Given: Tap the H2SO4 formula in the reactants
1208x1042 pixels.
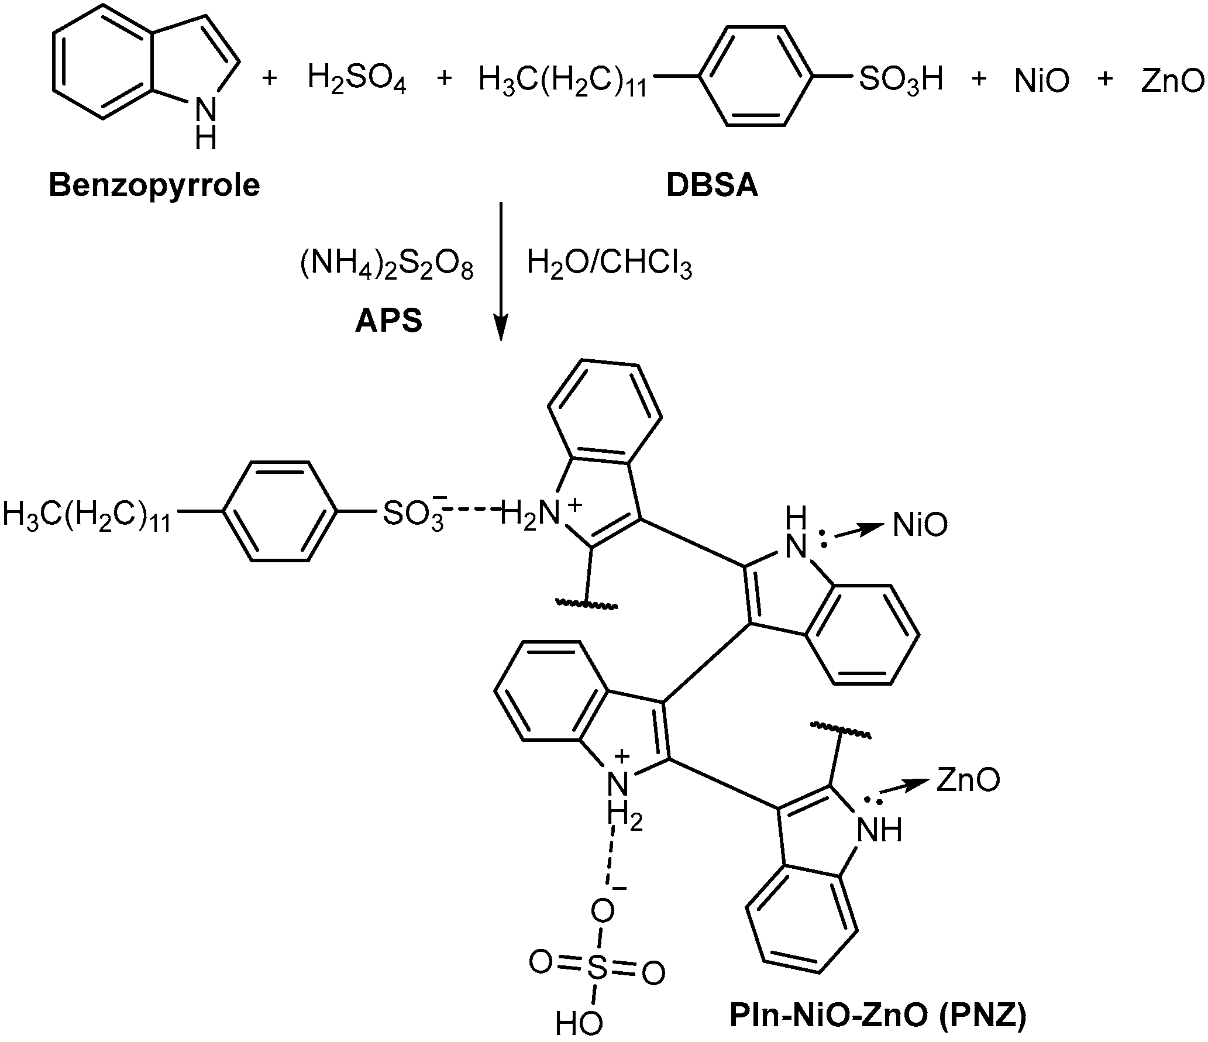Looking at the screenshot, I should [357, 80].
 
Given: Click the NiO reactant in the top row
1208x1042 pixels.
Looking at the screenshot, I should [1041, 81].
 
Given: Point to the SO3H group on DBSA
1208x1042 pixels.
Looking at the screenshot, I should [901, 78].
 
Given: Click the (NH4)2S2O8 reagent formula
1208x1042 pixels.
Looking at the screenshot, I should [387, 266].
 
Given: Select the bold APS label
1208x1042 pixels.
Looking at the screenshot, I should [388, 321].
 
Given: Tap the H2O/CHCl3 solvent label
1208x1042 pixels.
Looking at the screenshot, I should [609, 265].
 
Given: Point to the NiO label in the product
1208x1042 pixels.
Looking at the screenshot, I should [920, 525].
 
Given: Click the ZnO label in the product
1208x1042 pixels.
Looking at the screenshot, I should [968, 780].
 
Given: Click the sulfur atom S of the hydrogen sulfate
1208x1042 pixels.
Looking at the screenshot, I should [597, 969].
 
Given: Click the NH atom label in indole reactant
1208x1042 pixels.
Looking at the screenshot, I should [205, 121].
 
